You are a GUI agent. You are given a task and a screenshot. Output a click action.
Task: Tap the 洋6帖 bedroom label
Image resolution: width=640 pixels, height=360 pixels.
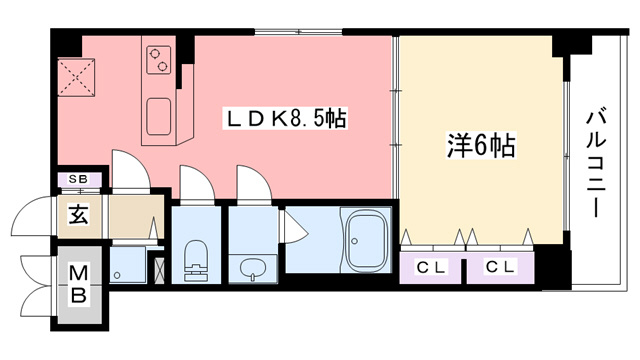(x=481, y=146)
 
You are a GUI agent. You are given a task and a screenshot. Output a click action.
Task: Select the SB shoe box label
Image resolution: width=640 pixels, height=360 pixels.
(x=78, y=179)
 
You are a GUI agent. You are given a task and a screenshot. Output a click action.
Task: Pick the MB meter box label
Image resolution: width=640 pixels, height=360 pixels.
(x=78, y=284)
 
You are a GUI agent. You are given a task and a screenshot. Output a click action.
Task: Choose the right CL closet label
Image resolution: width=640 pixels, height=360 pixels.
(x=500, y=267)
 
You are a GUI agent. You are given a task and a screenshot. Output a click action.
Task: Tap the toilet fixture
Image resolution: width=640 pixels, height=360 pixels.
(x=196, y=260)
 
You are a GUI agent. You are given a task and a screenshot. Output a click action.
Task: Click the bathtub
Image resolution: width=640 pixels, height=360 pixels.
(x=366, y=239)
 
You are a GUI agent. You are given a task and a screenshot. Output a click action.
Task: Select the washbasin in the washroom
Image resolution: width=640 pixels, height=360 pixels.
(x=252, y=269)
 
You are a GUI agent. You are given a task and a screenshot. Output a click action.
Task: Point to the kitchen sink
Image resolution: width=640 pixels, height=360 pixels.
(x=159, y=116)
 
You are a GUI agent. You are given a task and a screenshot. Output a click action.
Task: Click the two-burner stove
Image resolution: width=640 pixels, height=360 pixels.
(x=159, y=60)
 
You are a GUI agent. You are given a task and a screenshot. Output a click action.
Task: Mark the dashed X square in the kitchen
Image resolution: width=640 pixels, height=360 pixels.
(x=76, y=78)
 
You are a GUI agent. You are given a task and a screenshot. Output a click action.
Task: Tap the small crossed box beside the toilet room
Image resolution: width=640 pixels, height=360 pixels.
(x=160, y=270)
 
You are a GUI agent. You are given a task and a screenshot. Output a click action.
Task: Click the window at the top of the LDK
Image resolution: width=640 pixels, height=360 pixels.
(x=299, y=32)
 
